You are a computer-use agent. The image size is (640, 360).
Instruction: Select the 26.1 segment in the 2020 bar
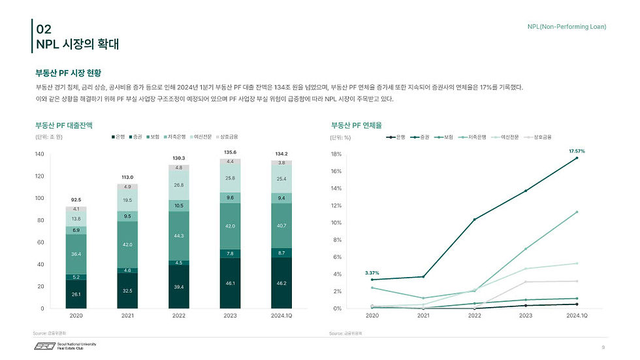76,295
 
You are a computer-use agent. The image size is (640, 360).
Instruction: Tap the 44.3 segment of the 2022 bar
178,235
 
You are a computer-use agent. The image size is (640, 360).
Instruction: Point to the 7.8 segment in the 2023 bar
229,254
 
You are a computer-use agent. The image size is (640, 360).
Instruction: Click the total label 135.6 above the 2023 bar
229,153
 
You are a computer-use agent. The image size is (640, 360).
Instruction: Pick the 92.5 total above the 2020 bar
76,199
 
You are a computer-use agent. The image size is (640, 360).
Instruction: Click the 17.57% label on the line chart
576,151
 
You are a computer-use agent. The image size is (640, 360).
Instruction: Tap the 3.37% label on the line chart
372,272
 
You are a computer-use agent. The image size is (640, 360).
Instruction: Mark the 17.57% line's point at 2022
474,220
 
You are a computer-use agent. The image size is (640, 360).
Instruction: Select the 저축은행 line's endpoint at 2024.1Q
577,212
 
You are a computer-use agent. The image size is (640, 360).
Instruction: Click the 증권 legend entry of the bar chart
135,137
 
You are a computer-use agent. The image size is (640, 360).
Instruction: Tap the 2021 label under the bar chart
127,316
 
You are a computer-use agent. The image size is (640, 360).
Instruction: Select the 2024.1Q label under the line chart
577,316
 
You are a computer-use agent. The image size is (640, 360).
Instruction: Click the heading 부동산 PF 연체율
356,124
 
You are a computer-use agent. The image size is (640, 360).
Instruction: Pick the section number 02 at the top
44,29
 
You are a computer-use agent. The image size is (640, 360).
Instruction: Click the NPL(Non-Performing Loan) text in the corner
566,26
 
